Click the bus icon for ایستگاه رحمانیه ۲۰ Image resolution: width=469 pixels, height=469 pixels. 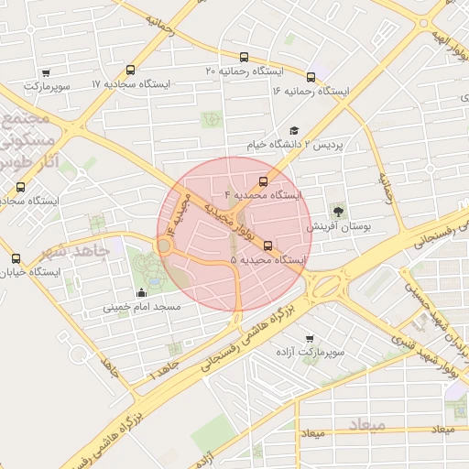coord(244,57)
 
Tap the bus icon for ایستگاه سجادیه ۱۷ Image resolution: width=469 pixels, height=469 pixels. coord(130,71)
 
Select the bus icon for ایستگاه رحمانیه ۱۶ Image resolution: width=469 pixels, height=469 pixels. coord(311,78)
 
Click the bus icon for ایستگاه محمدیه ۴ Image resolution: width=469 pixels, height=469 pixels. coord(264,181)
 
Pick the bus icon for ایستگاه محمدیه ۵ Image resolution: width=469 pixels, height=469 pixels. coord(267,245)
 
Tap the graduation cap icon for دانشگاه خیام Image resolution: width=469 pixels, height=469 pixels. coord(294,131)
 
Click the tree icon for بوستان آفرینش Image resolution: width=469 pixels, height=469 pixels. coord(340,212)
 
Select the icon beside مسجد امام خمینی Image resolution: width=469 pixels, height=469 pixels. coord(141,293)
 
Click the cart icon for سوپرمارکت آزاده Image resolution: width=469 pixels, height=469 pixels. coord(309,338)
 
